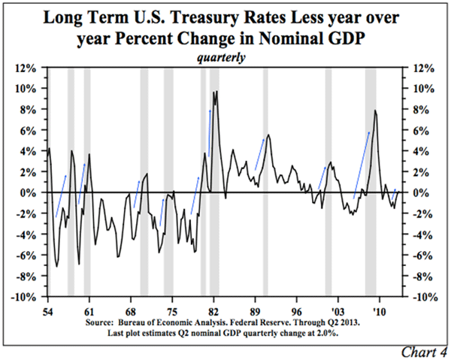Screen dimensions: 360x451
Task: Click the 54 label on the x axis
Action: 48,309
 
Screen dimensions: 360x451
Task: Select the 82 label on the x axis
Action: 214,309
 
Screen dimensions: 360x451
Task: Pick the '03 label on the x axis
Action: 337,309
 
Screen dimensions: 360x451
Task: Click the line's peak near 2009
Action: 374,111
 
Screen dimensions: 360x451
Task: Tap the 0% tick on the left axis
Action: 29,192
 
